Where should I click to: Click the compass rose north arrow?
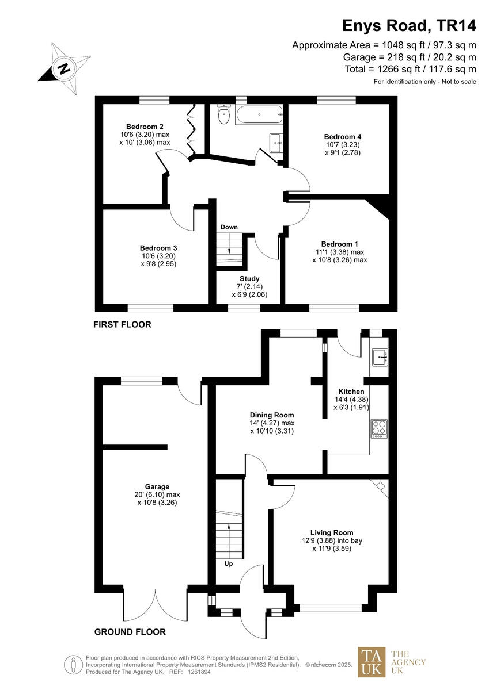click(63, 68)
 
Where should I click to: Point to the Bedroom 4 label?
click(343, 136)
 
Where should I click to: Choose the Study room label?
click(249, 279)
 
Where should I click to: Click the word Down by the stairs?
click(229, 227)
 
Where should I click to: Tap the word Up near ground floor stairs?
click(229, 563)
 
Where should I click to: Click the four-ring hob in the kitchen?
click(378, 429)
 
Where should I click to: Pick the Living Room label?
click(332, 532)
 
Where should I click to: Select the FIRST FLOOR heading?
click(122, 325)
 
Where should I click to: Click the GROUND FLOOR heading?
click(130, 632)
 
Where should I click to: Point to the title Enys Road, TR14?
click(409, 25)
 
